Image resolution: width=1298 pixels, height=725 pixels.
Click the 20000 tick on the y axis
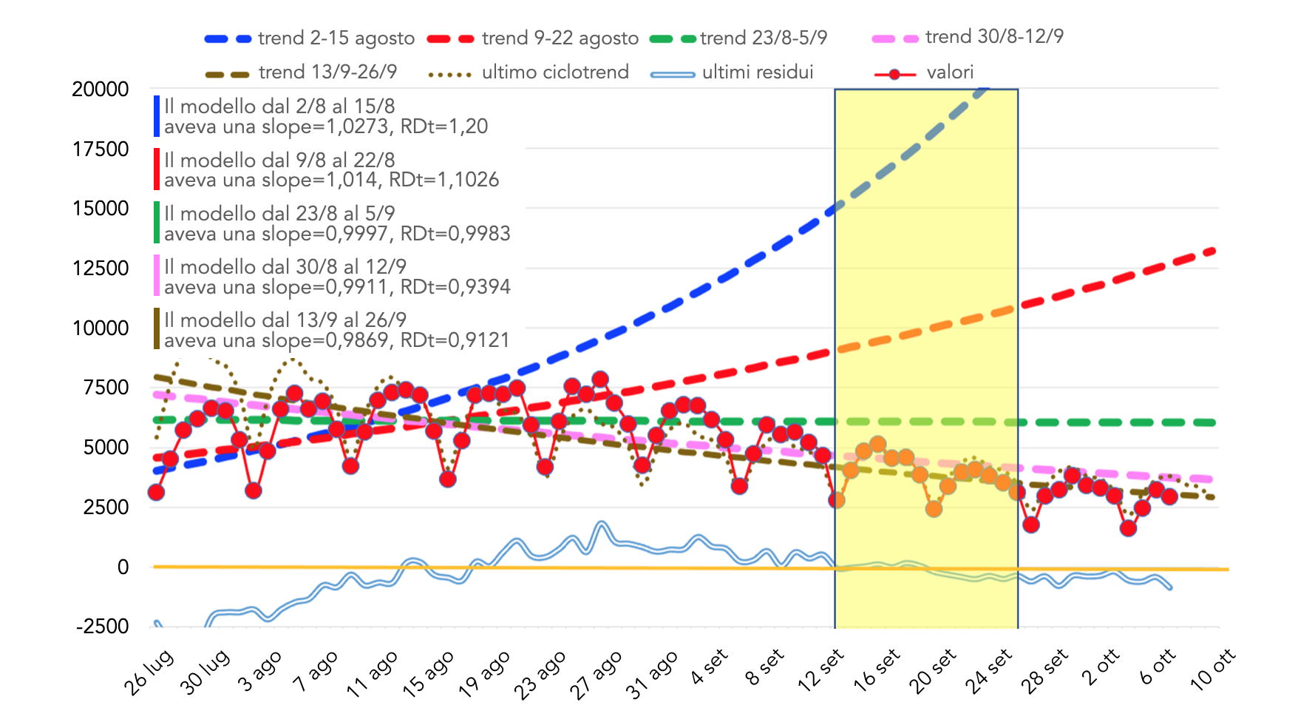(101, 90)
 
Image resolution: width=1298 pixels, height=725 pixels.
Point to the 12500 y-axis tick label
(101, 269)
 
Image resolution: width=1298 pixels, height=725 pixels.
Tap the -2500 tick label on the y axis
(103, 627)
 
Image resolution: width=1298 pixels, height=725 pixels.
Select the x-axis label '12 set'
(820, 670)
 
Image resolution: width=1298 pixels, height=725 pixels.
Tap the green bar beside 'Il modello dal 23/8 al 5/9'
(157, 223)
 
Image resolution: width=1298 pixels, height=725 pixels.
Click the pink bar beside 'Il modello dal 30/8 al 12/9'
(157, 276)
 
